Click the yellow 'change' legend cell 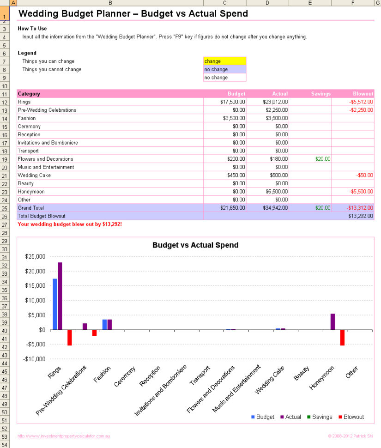(x=224, y=61)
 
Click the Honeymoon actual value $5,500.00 (x=275, y=192)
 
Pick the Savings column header (x=321, y=94)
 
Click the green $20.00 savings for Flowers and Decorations (x=323, y=159)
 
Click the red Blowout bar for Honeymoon (x=343, y=338)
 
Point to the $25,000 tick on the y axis (x=35, y=256)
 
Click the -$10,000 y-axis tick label (x=35, y=359)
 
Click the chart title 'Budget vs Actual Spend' (x=195, y=245)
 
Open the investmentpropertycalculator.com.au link (x=64, y=436)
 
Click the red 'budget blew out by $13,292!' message (x=70, y=224)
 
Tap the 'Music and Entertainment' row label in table (x=46, y=167)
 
